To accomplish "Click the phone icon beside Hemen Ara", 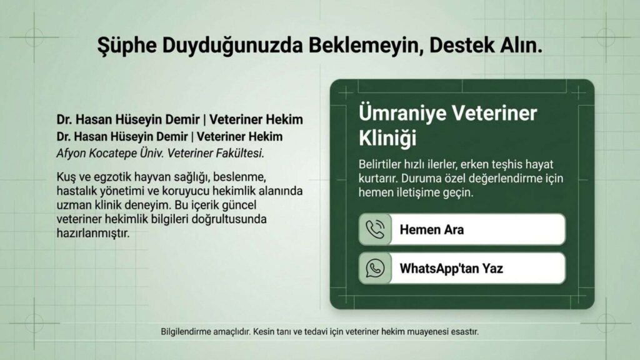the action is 375,229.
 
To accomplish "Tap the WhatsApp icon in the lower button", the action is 375,268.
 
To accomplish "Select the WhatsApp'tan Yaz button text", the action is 451,269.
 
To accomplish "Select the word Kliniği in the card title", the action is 387,138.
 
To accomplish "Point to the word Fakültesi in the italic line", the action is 240,154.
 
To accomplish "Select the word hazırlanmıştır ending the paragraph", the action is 93,234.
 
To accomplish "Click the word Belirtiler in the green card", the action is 379,164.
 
